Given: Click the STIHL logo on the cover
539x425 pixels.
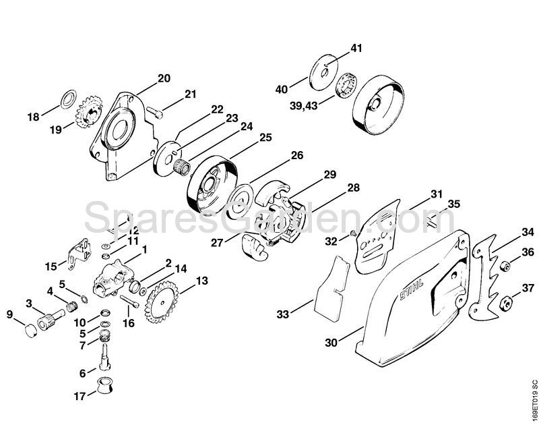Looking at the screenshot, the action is [412, 289].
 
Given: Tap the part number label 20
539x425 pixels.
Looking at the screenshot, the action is [164, 78].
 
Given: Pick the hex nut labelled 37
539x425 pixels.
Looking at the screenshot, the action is [505, 302].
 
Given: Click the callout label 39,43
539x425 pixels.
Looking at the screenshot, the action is [304, 106].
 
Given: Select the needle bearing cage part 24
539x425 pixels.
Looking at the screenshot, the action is [182, 167].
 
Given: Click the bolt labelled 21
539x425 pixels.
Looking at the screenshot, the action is [154, 113].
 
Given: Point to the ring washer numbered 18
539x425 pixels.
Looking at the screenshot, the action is [69, 99].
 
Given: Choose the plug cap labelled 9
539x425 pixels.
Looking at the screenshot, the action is [31, 331].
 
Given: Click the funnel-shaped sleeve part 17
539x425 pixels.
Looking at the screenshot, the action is [104, 385].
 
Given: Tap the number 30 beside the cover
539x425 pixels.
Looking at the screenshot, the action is [331, 343].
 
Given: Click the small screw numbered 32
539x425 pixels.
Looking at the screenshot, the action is [353, 233].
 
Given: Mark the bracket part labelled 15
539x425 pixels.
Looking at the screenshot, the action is [80, 254].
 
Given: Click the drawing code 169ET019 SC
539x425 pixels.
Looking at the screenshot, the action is [533, 399].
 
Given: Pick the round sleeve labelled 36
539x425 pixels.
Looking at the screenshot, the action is [504, 266].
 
